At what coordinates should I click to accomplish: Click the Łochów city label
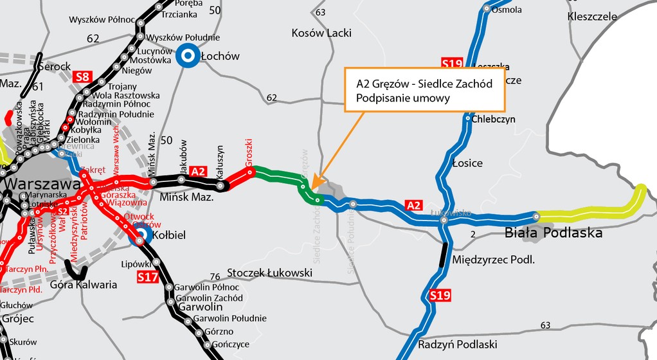pos(220,57)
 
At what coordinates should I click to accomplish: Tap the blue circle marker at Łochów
pos(187,57)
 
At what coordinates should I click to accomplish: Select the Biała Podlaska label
pos(553,233)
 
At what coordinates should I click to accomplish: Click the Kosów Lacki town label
pos(321,33)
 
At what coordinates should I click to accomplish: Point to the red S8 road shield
pos(82,77)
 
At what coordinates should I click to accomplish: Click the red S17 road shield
pos(147,277)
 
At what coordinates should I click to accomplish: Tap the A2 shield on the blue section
pos(414,205)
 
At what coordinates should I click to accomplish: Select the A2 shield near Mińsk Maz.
pos(199,171)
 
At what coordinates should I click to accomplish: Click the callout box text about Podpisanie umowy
pos(424,91)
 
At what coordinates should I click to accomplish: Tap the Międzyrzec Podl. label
pos(494,260)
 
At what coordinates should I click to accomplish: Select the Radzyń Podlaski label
pos(457,344)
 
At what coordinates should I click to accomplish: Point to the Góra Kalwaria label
pos(85,284)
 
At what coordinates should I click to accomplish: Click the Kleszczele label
pos(592,17)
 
